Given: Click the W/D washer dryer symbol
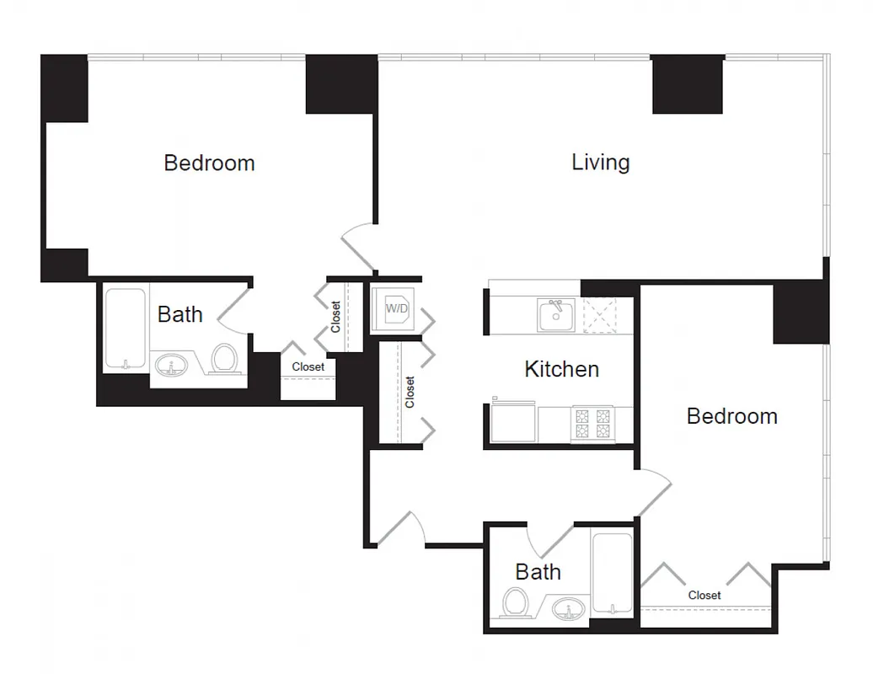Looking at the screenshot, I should [396, 308].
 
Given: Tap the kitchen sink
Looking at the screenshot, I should [556, 315].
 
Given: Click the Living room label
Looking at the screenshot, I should [600, 162].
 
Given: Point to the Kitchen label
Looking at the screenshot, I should [561, 369].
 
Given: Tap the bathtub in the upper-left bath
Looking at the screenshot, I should [126, 329].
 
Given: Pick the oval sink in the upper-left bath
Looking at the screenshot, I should [171, 366].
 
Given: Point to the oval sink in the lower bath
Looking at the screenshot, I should [571, 608].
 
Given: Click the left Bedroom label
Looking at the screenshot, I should [209, 163].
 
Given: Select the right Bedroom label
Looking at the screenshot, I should [731, 416].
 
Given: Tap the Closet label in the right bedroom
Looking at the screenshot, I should [704, 596].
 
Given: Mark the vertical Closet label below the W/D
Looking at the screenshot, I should [410, 392].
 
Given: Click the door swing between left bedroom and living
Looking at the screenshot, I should [358, 249].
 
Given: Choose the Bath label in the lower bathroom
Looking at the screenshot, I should [538, 572].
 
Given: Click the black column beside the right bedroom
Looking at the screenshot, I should [801, 313].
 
